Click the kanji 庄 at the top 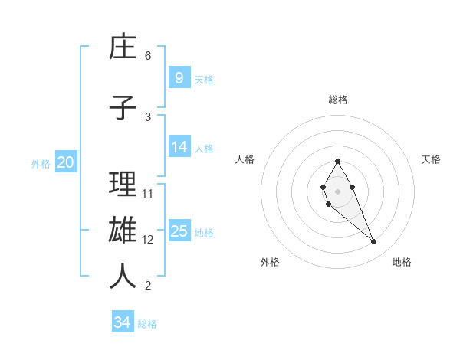point(123,47)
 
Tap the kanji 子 point(123,108)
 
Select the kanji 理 point(123,185)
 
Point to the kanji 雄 point(123,231)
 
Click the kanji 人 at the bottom point(123,277)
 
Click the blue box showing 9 point(179,78)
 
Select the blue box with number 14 point(179,147)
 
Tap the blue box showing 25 point(179,231)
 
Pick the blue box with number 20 point(65,162)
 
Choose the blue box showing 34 point(123,322)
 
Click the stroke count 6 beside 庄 point(148,56)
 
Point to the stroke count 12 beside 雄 point(148,240)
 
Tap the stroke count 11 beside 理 point(148,194)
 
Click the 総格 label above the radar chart point(338,100)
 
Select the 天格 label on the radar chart point(431,159)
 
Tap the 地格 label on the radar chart point(402,262)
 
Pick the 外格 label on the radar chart point(270,262)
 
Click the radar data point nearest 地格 point(373,242)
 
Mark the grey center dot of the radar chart point(337,190)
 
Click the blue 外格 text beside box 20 point(41,163)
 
